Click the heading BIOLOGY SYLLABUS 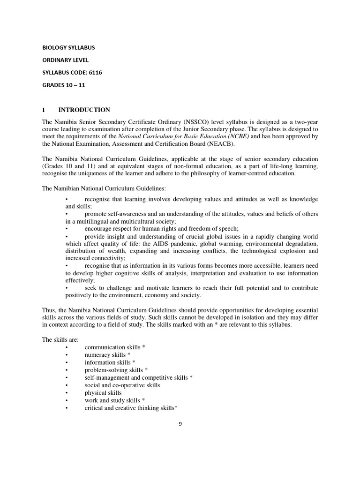[x=68, y=48]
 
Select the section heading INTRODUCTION [x=84, y=110]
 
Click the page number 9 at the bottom [x=180, y=424]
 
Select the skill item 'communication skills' [x=112, y=347]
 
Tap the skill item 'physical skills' [x=103, y=393]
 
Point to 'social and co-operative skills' [x=122, y=385]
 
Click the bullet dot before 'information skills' [x=67, y=362]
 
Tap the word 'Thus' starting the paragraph [x=49, y=310]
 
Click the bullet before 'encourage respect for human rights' [x=67, y=229]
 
